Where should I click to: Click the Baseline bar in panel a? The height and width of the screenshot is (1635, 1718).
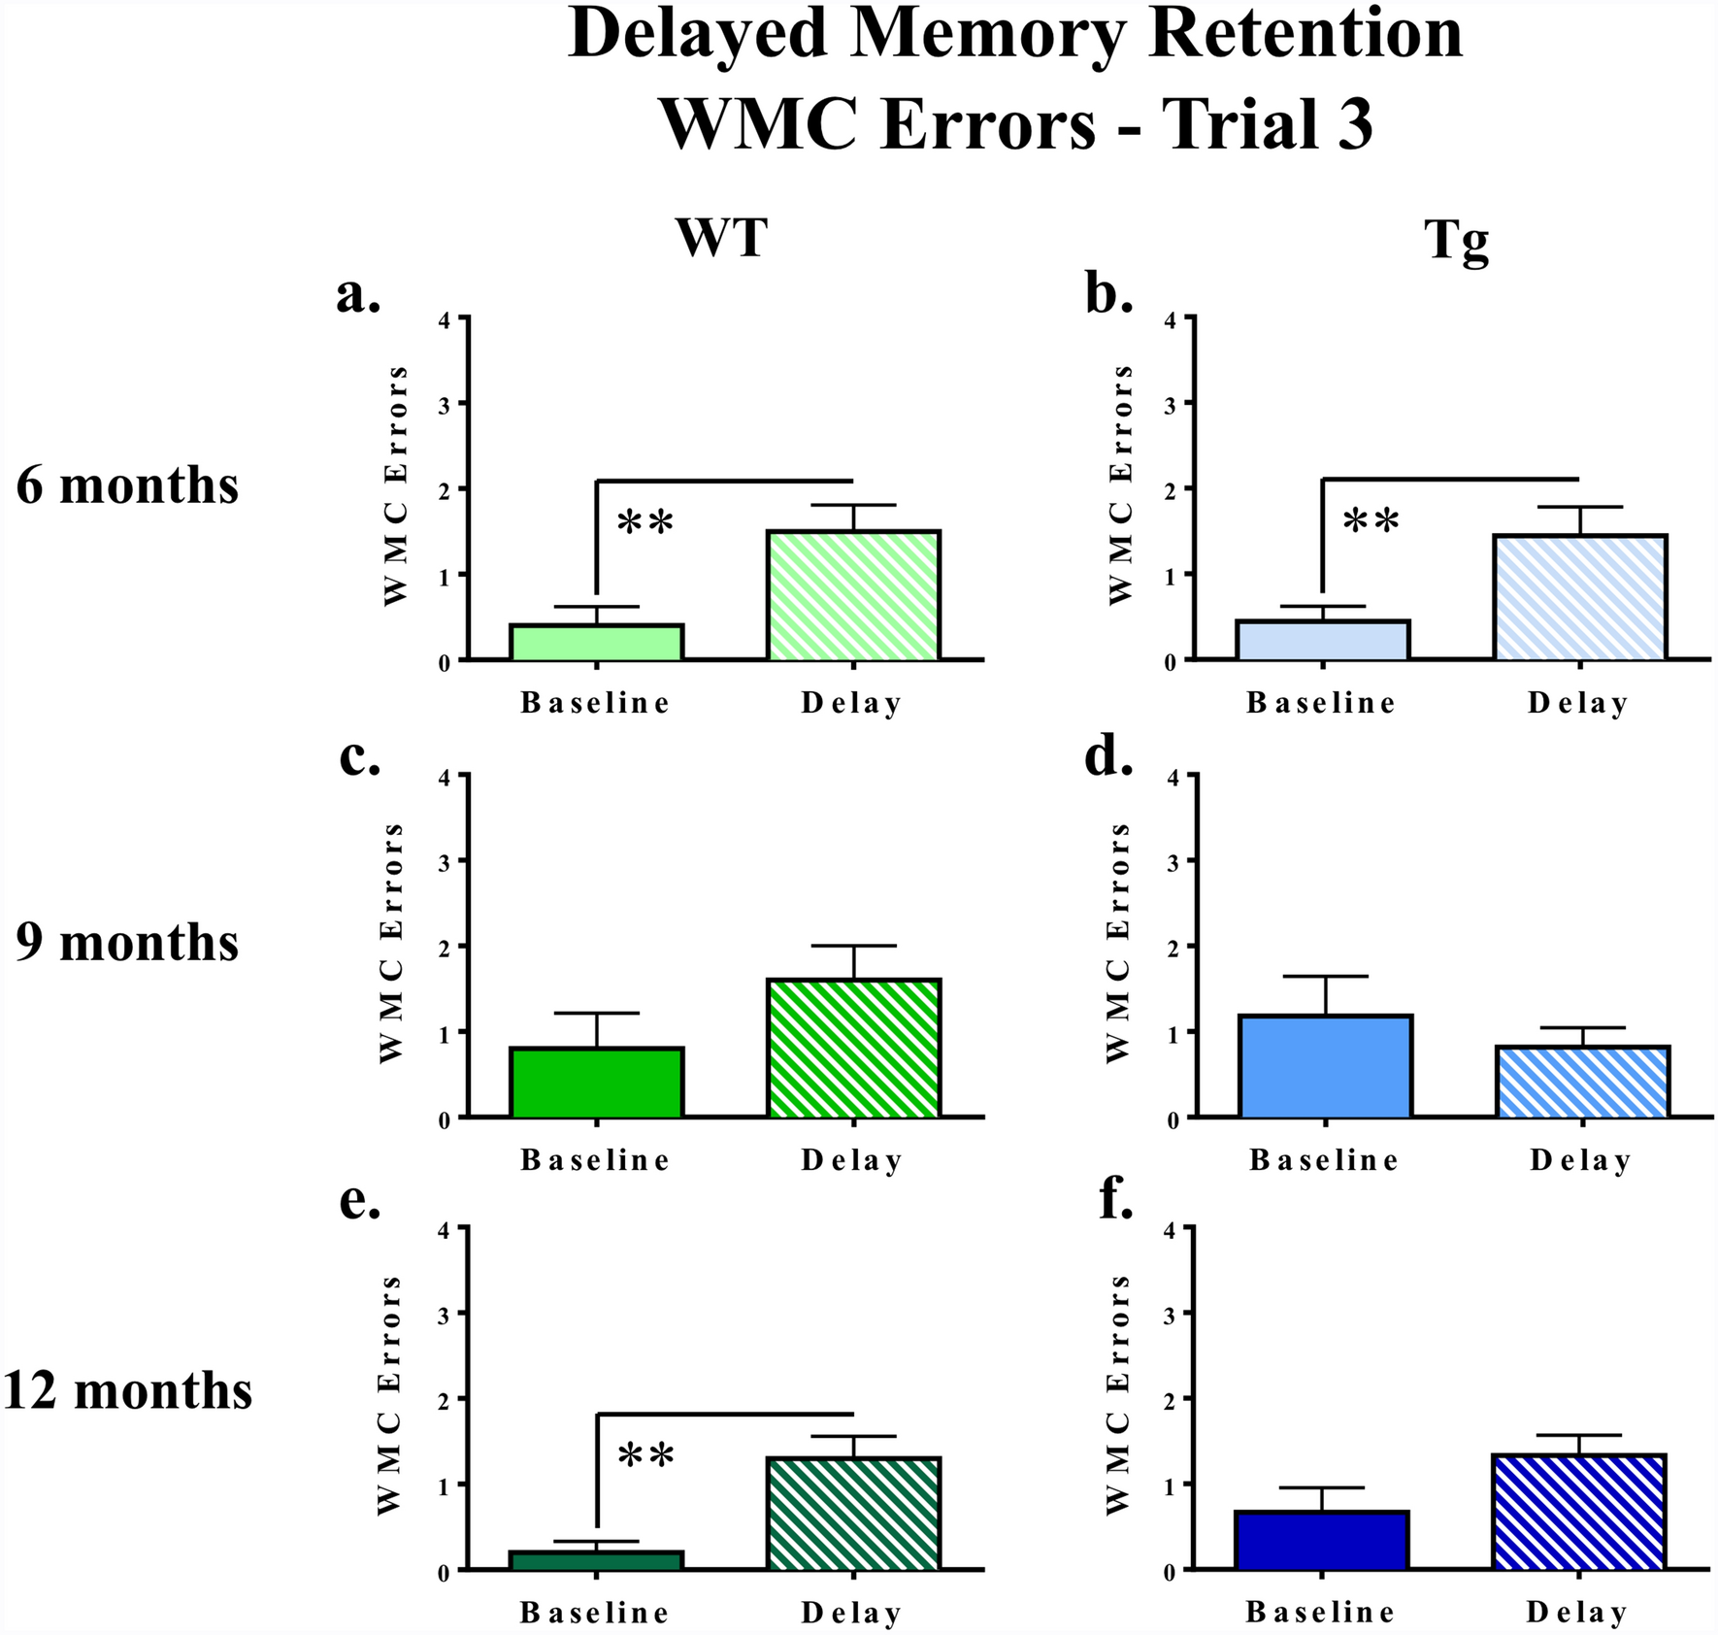pos(597,642)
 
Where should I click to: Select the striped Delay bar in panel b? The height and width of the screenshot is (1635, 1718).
pos(1580,597)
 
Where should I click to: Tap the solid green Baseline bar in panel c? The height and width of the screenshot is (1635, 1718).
pos(597,1082)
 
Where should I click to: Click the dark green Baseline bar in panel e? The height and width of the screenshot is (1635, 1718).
pos(597,1559)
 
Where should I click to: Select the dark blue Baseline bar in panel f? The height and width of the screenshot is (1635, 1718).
pos(1322,1540)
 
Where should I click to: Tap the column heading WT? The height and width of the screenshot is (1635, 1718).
pos(723,237)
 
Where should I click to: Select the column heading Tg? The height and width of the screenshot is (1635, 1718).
pos(1456,240)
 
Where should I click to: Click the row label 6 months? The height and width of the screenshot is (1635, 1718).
pos(127,484)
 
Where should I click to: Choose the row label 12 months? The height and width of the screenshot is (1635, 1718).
pos(127,1390)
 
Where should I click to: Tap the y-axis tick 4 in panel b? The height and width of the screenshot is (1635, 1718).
pos(1170,318)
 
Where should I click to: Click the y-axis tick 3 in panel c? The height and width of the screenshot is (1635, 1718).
pos(444,861)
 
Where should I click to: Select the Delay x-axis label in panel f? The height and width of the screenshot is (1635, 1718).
pos(1577,1613)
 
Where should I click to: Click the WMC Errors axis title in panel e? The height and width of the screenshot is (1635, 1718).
pos(388,1395)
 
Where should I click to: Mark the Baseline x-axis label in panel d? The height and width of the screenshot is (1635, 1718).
pos(1324,1160)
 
